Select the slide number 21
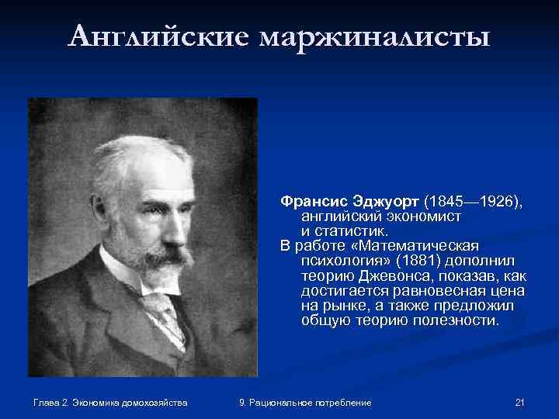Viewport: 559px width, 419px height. click(x=520, y=403)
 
